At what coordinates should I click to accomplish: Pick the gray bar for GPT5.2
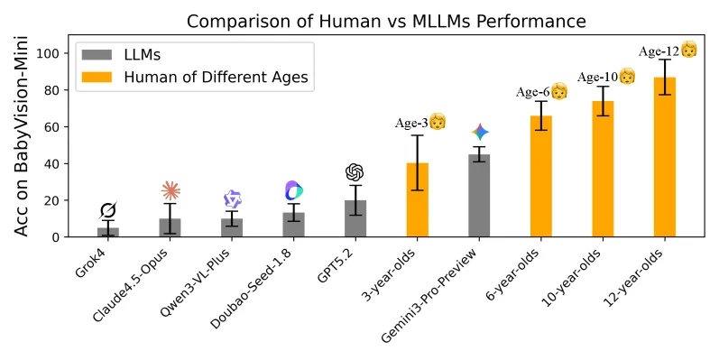pyautogui.click(x=355, y=218)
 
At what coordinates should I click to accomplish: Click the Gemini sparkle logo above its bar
pyautogui.click(x=479, y=133)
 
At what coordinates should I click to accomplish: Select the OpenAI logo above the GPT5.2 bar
pyautogui.click(x=355, y=172)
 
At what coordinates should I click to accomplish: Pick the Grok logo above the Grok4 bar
pyautogui.click(x=108, y=211)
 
